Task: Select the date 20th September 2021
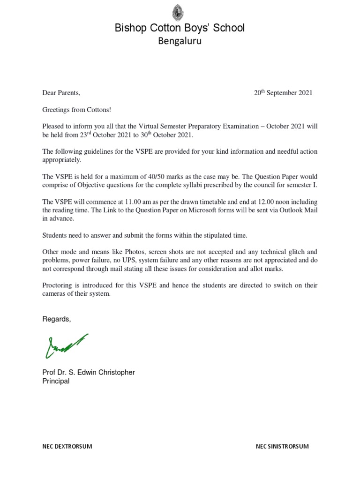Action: click(x=283, y=93)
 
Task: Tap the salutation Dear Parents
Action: click(x=61, y=93)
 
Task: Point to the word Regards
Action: click(x=57, y=319)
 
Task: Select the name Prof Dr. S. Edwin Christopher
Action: click(x=89, y=373)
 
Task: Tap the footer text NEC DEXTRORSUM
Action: click(x=67, y=447)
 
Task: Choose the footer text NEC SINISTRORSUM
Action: click(x=282, y=447)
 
